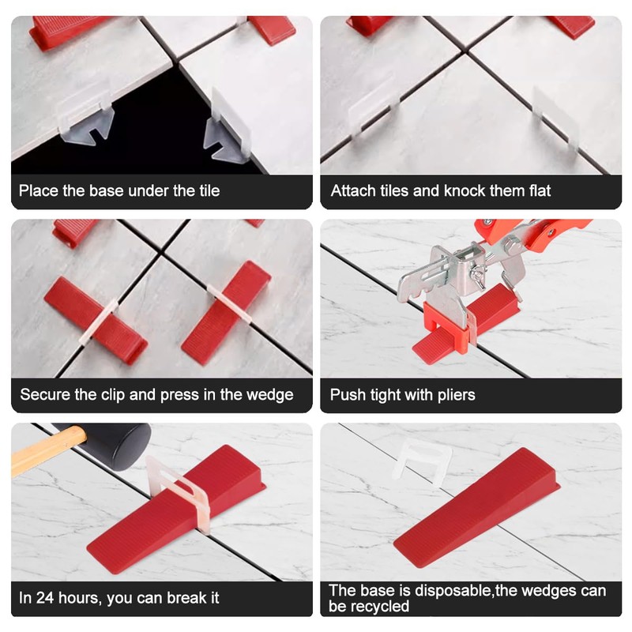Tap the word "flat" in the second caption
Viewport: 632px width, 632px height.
(536, 190)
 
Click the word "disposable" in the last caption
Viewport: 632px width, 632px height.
(450, 591)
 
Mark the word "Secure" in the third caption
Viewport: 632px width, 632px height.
(45, 394)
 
